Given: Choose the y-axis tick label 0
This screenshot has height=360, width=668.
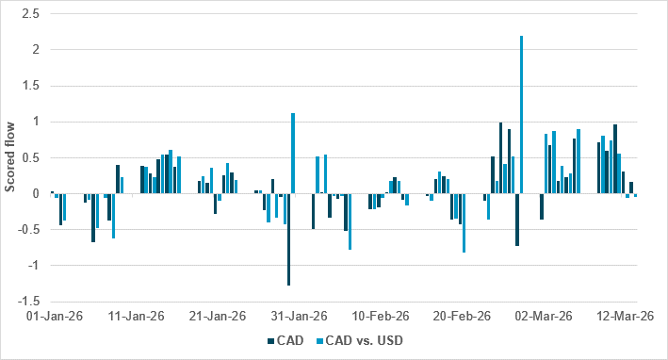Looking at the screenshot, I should [x=36, y=194].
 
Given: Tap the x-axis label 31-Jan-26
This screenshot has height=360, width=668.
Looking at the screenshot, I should [x=301, y=317].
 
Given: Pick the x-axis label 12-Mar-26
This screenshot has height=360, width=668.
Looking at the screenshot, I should [x=630, y=317].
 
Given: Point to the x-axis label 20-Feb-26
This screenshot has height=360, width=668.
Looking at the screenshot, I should [x=464, y=317].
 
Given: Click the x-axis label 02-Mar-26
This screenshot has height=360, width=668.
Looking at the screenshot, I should [x=547, y=317].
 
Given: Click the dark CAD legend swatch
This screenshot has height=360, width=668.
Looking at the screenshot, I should [x=272, y=342].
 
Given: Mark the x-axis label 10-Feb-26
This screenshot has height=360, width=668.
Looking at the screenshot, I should [x=383, y=317].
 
